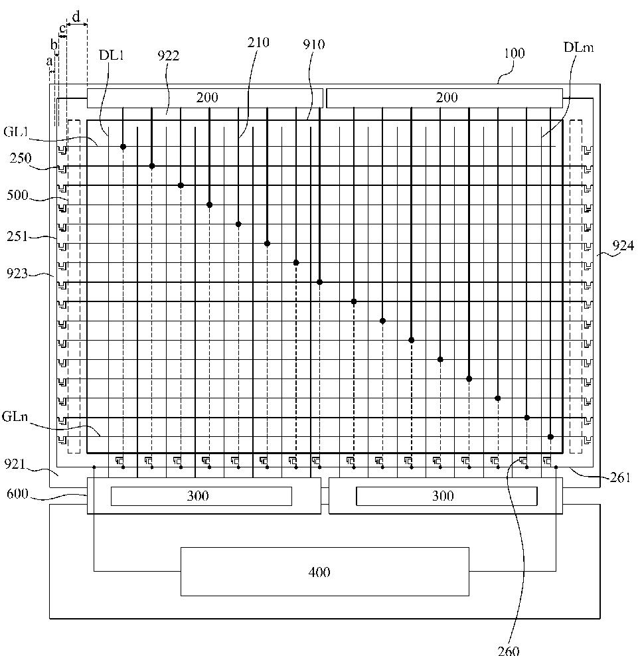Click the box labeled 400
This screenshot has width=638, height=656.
pos(325,572)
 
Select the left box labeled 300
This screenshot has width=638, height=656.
pos(201,496)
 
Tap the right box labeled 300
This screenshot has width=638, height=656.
pos(446,496)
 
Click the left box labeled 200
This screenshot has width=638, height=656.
pos(205,98)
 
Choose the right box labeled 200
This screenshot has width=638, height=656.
pos(444,98)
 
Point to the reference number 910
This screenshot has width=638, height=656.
pos(314,44)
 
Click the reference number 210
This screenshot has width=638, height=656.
pos(258,42)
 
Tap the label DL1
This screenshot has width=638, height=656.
pos(112,55)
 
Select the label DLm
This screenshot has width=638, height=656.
pos(579,47)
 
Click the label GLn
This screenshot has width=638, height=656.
pos(15,417)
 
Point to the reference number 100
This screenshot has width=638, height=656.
pos(514,53)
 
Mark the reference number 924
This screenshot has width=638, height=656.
pos(623,246)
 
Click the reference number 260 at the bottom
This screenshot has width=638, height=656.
pos(509,650)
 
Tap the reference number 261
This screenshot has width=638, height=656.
pos(620,477)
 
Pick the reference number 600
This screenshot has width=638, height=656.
pos(17,494)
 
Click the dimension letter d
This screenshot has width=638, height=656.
pos(76,17)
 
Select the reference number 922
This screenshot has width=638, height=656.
pos(168,56)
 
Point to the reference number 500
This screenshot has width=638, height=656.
pos(17,195)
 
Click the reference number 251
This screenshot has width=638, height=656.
pos(17,237)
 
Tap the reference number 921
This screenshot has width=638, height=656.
pos(15,464)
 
